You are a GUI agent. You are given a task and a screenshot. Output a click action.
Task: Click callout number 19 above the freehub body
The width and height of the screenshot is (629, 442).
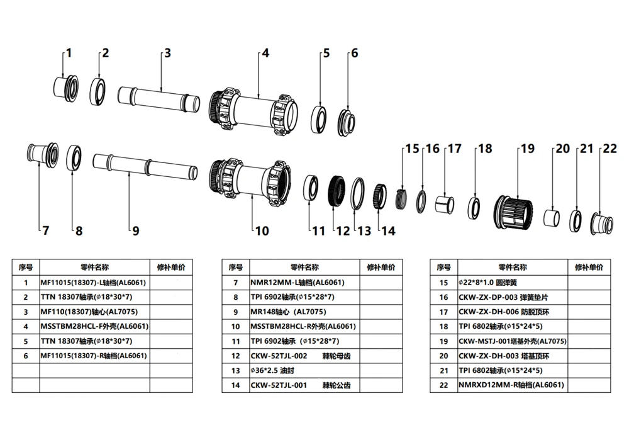(x=526, y=149)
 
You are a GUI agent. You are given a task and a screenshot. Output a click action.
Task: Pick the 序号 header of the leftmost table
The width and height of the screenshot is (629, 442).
(x=26, y=267)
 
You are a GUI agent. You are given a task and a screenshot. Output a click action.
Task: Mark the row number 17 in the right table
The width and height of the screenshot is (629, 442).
(x=444, y=312)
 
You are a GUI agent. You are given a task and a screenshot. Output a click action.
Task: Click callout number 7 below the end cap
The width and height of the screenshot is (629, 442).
(x=45, y=230)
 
